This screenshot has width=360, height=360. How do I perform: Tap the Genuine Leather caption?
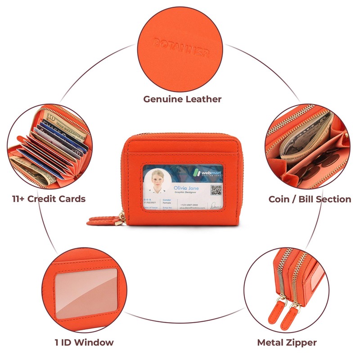[x=182, y=99]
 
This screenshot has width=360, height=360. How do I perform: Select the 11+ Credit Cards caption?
[x=49, y=198]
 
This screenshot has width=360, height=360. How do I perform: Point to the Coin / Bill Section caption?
[x=310, y=199]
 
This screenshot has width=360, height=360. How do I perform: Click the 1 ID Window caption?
[x=84, y=342]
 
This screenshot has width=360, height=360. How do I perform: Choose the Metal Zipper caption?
[x=287, y=342]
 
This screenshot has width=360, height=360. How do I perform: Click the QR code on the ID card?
[x=216, y=190]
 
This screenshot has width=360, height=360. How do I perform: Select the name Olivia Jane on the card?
[x=186, y=188]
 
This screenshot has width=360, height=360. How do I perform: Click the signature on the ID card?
[x=216, y=205]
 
